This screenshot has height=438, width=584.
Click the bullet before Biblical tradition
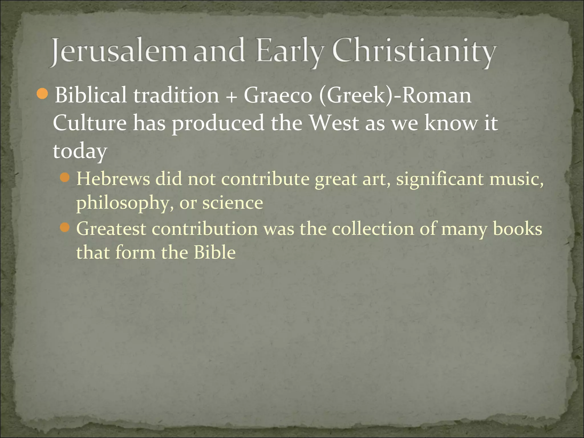(x=42, y=94)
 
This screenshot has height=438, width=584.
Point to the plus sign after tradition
(x=232, y=96)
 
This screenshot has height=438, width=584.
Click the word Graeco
(x=278, y=95)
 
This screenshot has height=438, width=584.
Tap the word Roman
(x=436, y=95)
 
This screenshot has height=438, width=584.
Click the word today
(x=80, y=151)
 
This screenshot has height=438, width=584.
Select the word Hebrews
(x=113, y=179)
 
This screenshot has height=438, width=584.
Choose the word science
(x=233, y=203)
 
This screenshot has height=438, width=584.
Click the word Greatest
(x=111, y=229)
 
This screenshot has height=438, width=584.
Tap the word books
(x=518, y=229)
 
